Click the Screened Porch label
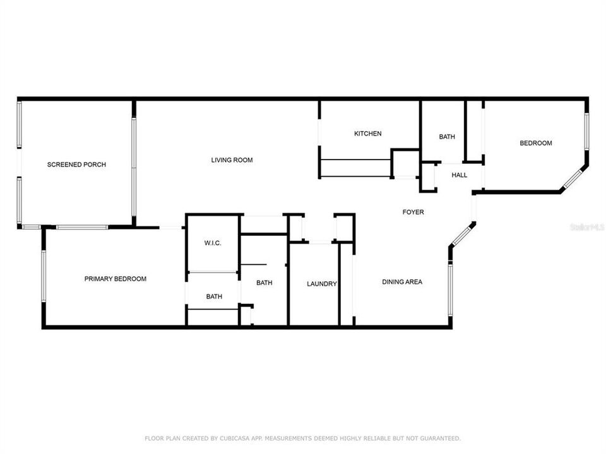point(76,165)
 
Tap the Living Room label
point(232,160)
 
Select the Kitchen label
point(367,134)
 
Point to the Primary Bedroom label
point(116,279)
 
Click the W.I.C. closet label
point(212,243)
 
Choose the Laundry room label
point(321,284)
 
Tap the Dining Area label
point(402,282)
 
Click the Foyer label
point(413,212)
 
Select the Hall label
point(459,175)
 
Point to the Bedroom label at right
point(535,143)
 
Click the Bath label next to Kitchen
point(447,137)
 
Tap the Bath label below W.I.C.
point(214,296)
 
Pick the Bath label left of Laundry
point(264,283)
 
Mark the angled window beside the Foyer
point(462,235)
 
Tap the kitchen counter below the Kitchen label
point(355,168)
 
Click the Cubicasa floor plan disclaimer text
point(302,438)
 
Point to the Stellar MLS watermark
point(586,226)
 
